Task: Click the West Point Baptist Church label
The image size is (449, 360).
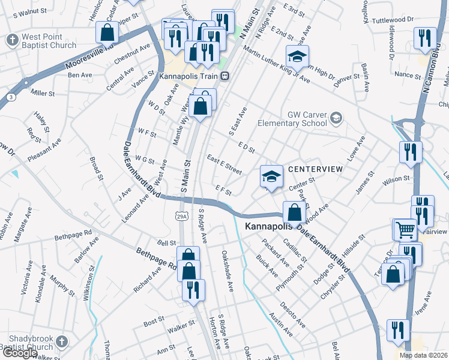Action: [49, 41]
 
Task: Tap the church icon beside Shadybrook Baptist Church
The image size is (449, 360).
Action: [61, 342]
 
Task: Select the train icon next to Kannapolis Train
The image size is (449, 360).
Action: [224, 76]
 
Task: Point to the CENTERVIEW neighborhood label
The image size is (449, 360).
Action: [315, 170]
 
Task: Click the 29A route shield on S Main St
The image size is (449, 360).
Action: [182, 215]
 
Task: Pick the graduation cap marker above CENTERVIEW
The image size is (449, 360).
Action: [271, 176]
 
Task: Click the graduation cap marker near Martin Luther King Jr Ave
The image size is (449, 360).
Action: [297, 56]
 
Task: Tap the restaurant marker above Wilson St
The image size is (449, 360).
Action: [411, 152]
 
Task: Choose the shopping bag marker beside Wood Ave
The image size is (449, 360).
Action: [294, 212]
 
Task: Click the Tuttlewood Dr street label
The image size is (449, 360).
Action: [394, 19]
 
